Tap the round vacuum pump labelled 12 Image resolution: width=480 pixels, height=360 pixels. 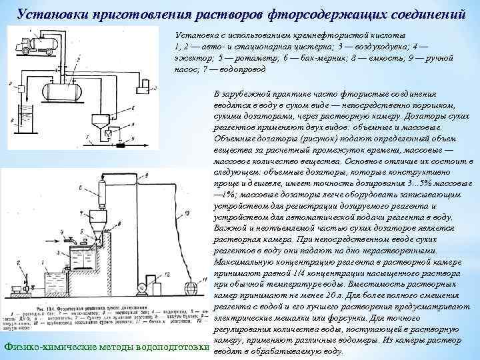(142, 287)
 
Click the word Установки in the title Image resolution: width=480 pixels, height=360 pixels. (50, 13)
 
